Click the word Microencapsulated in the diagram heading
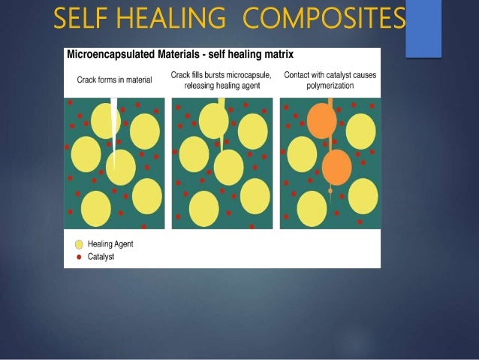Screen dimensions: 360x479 coord(110,55)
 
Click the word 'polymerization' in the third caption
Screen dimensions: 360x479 coord(330,86)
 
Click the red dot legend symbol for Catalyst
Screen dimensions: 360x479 coord(77,256)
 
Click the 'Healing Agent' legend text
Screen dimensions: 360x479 coord(110,244)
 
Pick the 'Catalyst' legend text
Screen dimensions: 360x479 coord(101,256)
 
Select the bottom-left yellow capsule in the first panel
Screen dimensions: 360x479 coord(95,208)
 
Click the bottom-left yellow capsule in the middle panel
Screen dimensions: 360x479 coord(203,208)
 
